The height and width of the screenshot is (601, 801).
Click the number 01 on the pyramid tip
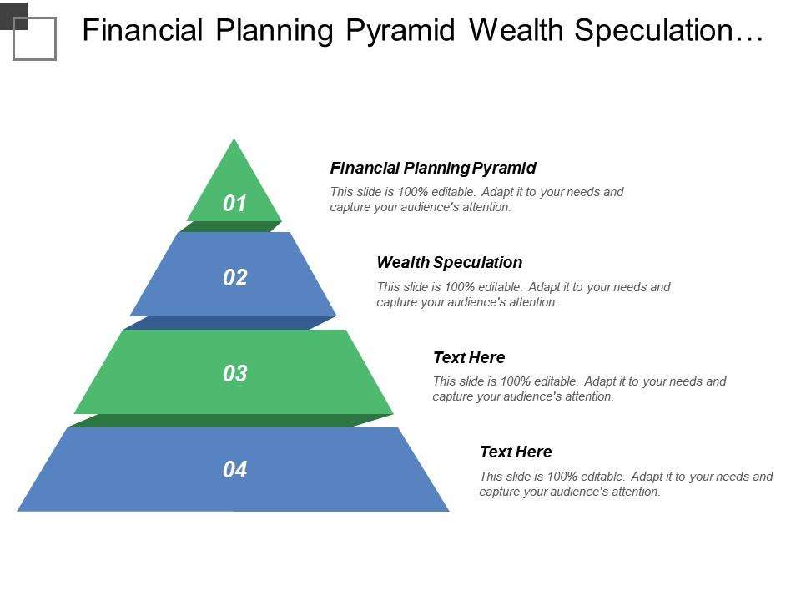click(x=234, y=203)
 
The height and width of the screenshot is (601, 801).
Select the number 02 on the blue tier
click(x=234, y=277)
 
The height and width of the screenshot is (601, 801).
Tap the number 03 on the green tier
click(x=234, y=373)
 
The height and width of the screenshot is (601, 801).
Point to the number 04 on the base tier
click(x=234, y=470)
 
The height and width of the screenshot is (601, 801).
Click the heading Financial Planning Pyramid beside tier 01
click(x=433, y=168)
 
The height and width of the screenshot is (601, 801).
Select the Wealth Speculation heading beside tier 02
click(x=449, y=262)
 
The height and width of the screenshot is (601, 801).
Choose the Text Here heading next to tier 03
click(x=468, y=357)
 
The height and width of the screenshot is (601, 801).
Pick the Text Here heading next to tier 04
click(x=515, y=452)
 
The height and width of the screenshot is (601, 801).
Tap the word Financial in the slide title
click(x=143, y=31)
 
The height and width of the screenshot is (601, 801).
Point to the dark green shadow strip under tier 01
click(x=231, y=226)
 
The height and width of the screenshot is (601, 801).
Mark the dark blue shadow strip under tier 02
click(x=230, y=322)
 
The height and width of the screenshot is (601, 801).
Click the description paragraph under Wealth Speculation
click(x=523, y=295)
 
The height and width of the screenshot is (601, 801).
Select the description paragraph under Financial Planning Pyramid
click(x=476, y=199)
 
